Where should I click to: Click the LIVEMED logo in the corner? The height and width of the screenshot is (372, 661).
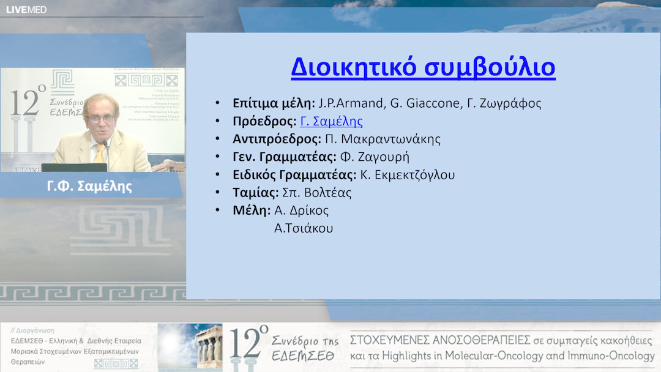pyautogui.click(x=26, y=9)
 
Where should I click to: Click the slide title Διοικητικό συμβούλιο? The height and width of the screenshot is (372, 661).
pyautogui.click(x=423, y=67)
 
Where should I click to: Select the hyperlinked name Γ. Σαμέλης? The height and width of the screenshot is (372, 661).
pyautogui.click(x=331, y=121)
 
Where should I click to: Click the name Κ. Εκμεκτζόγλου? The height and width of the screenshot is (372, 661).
pyautogui.click(x=407, y=175)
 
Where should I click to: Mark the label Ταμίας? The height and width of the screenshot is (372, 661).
pyautogui.click(x=255, y=193)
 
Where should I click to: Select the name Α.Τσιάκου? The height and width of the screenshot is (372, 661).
pyautogui.click(x=304, y=228)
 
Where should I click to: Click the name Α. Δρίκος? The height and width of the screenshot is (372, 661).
pyautogui.click(x=302, y=210)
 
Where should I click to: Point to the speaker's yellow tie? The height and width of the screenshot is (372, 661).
pyautogui.click(x=99, y=153)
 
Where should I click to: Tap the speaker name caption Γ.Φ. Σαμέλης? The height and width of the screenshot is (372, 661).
pyautogui.click(x=89, y=186)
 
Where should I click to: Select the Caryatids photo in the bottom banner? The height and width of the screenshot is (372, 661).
pyautogui.click(x=190, y=346)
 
